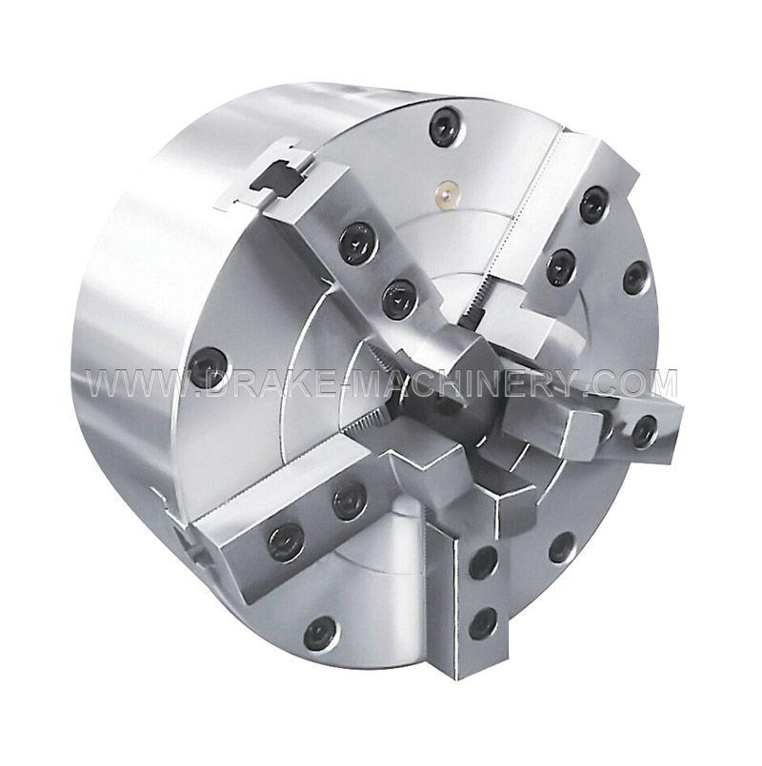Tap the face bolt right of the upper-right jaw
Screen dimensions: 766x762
635,278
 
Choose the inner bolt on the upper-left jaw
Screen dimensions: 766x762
399,300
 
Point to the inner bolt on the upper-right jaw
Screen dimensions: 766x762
560,267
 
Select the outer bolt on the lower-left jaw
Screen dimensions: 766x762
284,541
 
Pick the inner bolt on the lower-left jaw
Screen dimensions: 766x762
348,499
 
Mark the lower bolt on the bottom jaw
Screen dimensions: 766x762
483,623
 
